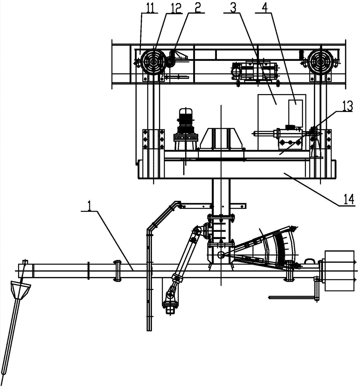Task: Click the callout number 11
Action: click(150, 8)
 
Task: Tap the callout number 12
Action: click(175, 8)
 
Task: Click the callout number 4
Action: click(264, 8)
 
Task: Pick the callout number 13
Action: click(347, 106)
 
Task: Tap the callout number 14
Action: click(349, 199)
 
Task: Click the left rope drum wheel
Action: click(154, 61)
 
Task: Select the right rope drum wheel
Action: click(321, 61)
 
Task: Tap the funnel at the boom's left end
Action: click(21, 291)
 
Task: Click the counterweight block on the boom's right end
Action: click(340, 271)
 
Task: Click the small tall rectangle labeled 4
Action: click(295, 113)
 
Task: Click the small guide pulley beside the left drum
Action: click(170, 63)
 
